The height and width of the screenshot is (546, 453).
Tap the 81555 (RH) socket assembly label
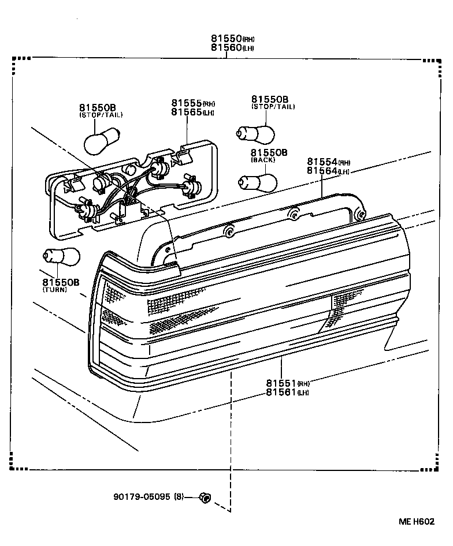[192, 103]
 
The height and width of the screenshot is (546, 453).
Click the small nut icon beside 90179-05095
[204, 497]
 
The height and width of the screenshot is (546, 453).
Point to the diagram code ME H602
[416, 522]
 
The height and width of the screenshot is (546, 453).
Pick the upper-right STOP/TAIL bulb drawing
[255, 134]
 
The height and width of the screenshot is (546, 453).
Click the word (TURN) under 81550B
[54, 290]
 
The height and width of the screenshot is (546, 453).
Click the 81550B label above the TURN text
[60, 282]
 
